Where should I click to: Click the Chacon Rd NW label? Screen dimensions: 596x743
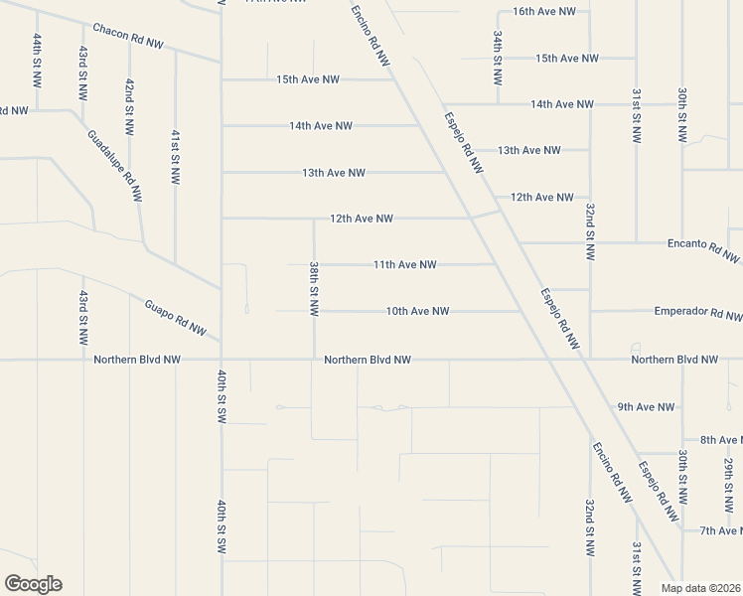127,37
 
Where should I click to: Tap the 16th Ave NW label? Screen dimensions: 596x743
544,11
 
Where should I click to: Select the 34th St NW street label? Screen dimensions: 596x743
497,58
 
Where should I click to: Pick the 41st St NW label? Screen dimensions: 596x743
175,157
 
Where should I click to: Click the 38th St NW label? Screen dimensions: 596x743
314,289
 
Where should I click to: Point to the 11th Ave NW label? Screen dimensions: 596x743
405,264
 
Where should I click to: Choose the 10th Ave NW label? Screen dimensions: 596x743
417,311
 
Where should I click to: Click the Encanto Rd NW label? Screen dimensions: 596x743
704,249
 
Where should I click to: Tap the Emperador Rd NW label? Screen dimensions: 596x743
698,313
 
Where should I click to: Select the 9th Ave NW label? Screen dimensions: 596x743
646,406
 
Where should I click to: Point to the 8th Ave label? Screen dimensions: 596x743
720,439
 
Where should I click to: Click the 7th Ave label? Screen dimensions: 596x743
720,531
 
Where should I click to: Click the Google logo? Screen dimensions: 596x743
33,584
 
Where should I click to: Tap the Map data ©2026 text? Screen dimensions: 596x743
701,588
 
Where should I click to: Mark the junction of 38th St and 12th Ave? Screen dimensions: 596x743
314,219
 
